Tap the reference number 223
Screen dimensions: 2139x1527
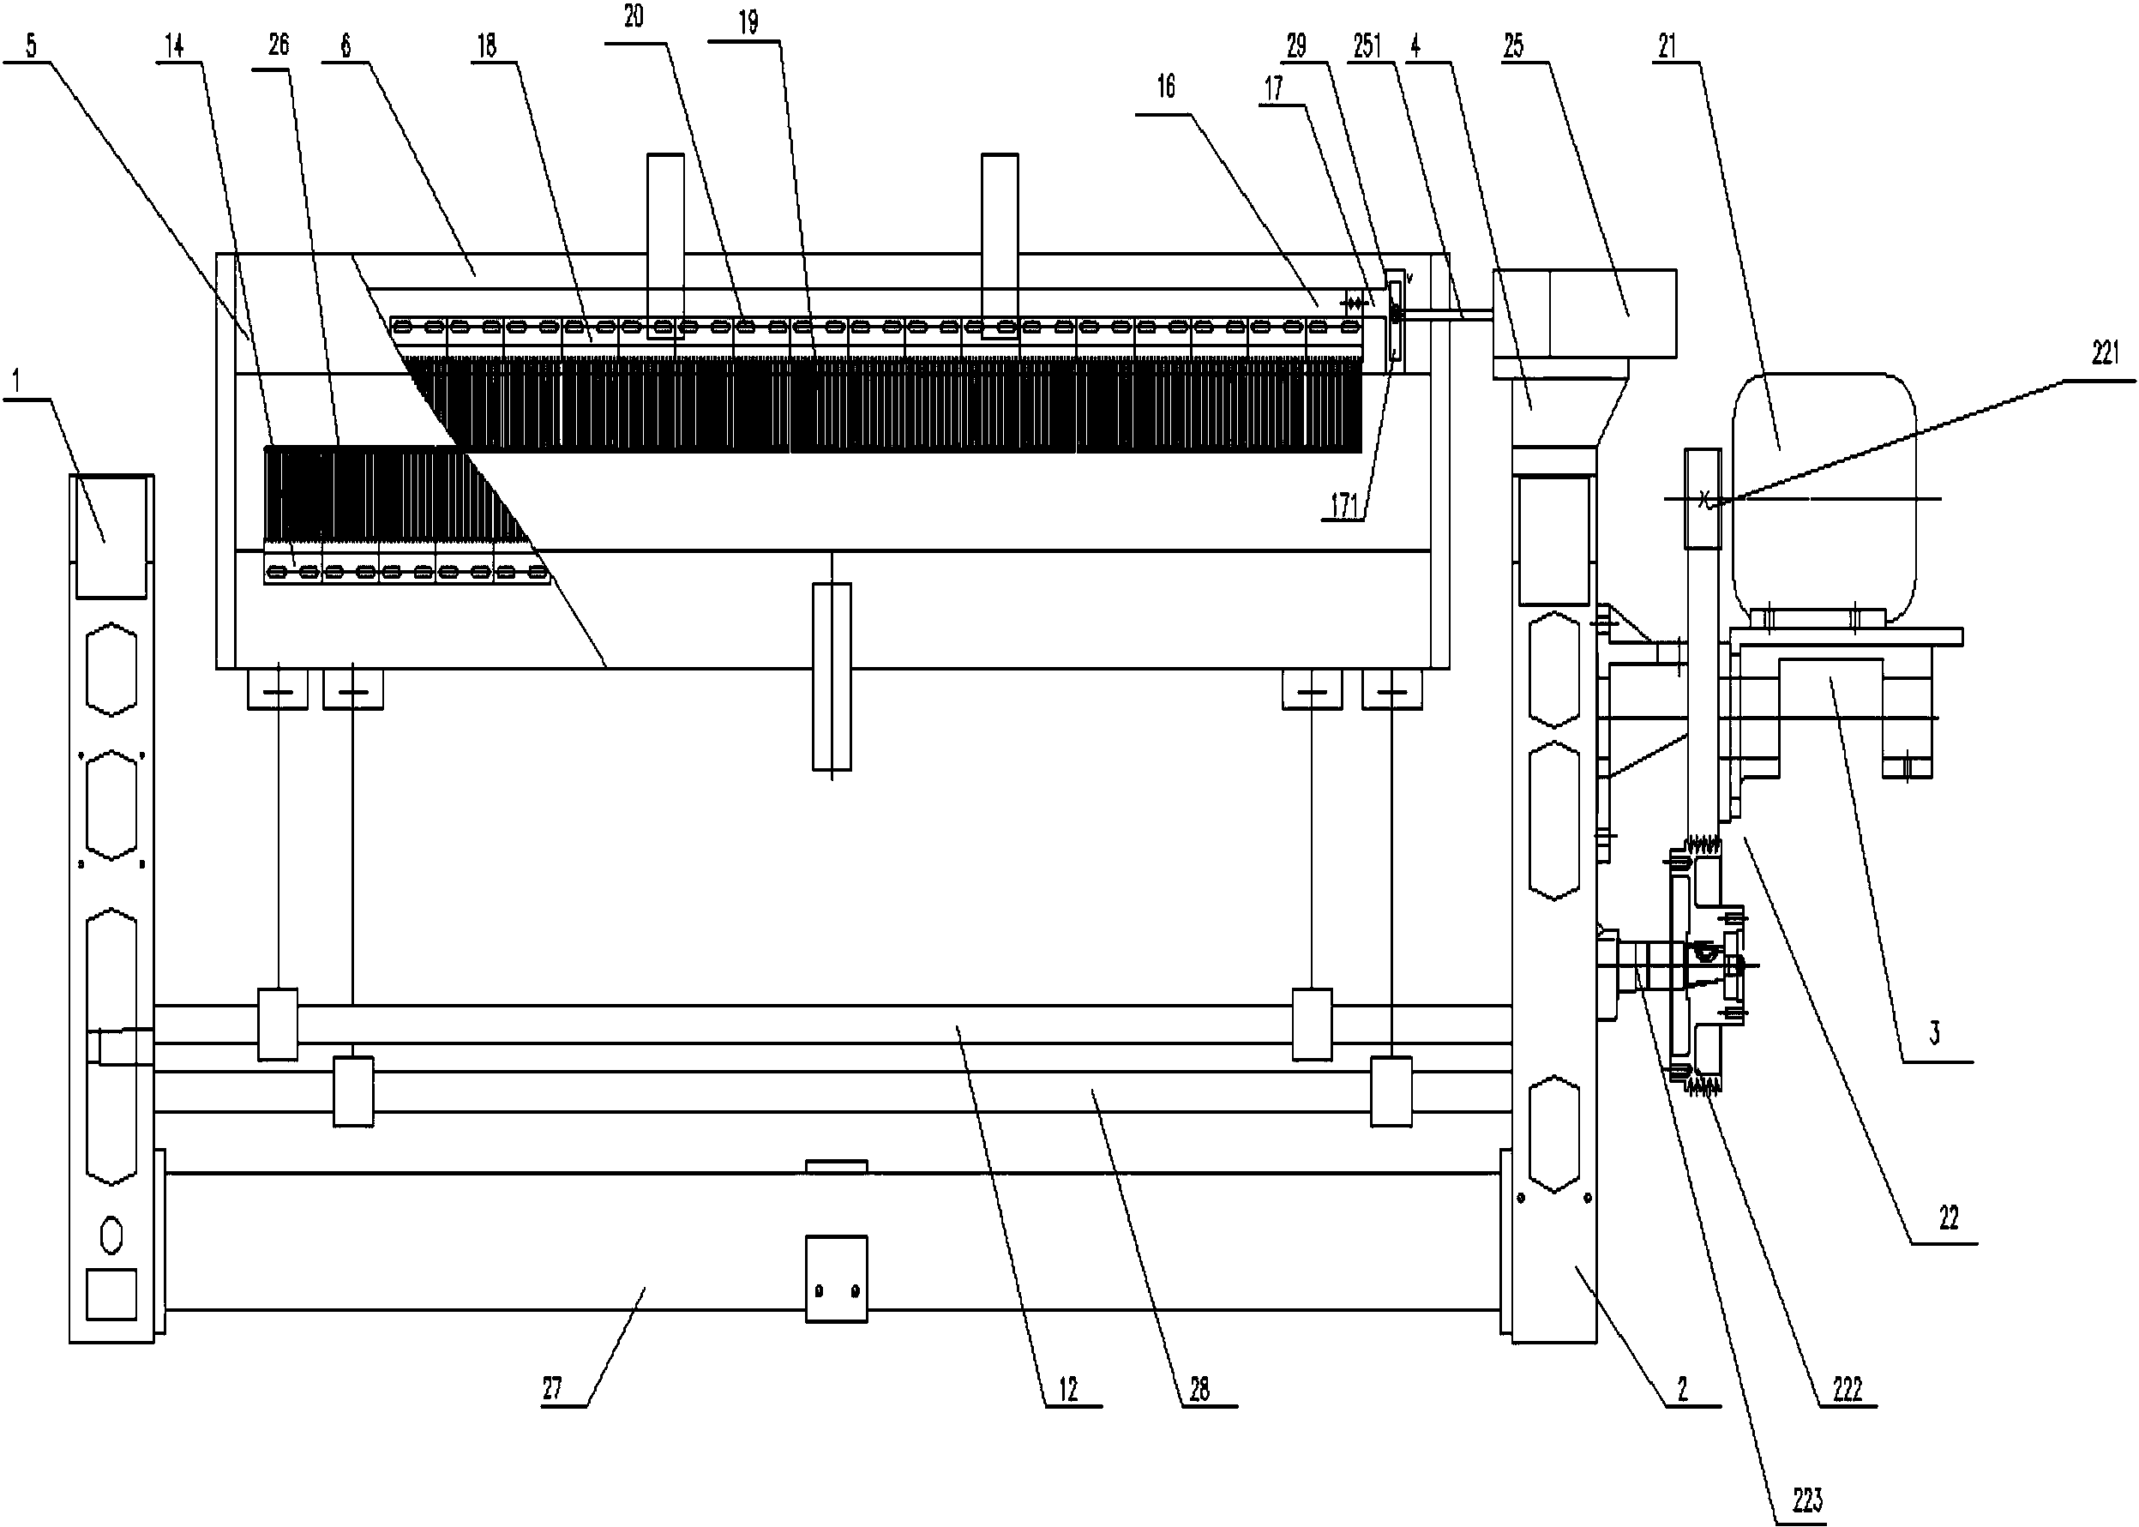tap(1807, 1500)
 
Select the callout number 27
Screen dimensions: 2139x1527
tap(552, 1388)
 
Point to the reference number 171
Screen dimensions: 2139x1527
tap(1344, 506)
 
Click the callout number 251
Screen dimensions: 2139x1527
tap(1367, 46)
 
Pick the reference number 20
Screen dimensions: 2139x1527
tap(634, 16)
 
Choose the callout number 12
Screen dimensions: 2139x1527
tap(1068, 1390)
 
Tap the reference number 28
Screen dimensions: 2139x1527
tap(1199, 1390)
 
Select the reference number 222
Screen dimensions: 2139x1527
tap(1848, 1390)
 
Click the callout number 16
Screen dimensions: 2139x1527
tap(1166, 87)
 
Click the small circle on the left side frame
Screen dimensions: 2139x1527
tap(111, 1235)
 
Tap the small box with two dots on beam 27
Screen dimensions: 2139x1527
tap(836, 1278)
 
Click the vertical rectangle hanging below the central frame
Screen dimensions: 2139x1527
tap(831, 676)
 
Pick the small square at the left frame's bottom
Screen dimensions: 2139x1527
tap(111, 1295)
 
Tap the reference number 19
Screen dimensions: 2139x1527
tap(748, 22)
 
